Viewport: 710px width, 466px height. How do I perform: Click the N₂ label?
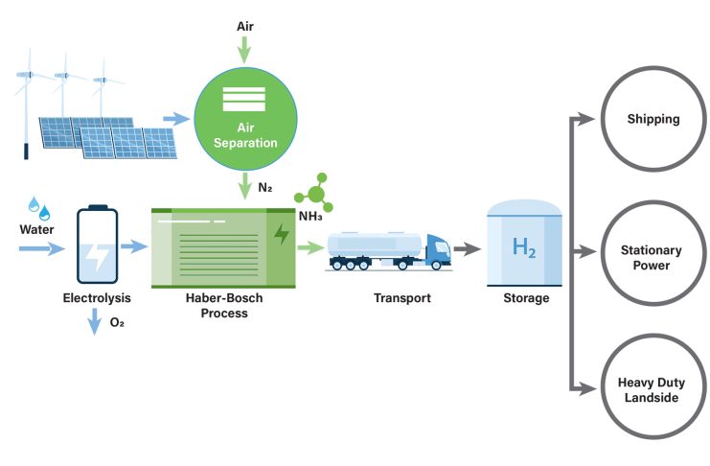(x=265, y=186)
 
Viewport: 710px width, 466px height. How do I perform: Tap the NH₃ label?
(x=310, y=216)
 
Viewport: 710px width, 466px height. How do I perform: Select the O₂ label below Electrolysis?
(x=118, y=323)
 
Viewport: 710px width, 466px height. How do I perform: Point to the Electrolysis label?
(x=96, y=298)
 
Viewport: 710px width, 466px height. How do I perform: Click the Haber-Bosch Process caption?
(x=224, y=306)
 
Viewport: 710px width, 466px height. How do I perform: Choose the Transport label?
(x=401, y=298)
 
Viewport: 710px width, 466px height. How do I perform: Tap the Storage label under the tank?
(x=526, y=298)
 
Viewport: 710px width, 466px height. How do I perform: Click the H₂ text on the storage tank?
(x=523, y=248)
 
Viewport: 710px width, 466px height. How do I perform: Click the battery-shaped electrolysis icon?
(x=97, y=246)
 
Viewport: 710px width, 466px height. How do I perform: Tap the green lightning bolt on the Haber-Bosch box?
(x=281, y=234)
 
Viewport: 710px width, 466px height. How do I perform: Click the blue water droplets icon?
(x=39, y=206)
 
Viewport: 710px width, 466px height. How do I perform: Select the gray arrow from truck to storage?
(x=467, y=248)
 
